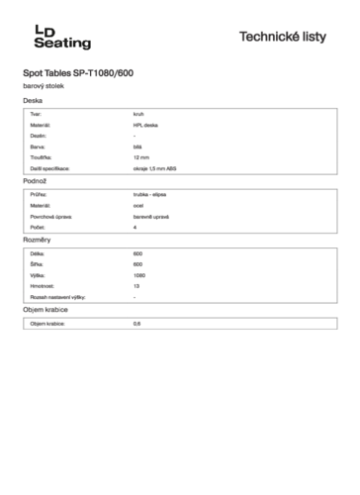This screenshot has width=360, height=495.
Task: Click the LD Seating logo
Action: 56,38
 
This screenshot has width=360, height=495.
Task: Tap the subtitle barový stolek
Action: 44,86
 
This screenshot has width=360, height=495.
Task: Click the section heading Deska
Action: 33,101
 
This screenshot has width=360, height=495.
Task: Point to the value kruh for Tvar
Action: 138,115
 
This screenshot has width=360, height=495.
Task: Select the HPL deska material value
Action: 145,126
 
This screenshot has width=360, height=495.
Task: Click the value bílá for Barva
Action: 136,148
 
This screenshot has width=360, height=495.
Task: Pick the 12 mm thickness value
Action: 140,158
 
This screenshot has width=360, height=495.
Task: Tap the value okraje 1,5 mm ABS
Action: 154,169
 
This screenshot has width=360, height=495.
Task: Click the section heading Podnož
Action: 36,182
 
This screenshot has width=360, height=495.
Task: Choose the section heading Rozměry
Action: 37,241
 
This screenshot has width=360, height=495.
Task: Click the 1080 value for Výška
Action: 138,275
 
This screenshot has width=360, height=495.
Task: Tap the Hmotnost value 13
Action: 135,286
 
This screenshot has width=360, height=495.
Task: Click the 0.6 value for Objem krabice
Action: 136,324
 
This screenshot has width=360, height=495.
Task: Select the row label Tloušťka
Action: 42,158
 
